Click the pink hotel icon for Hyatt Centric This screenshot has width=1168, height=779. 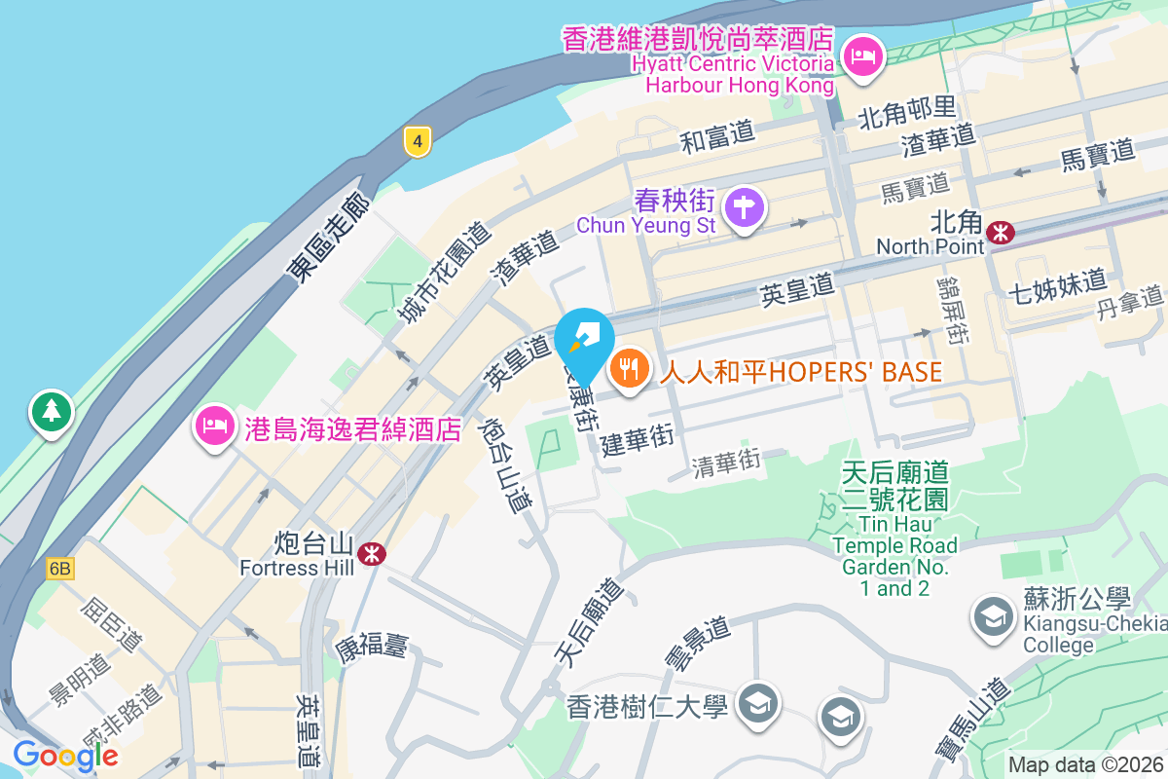(x=862, y=56)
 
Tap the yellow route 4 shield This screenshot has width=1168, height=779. (x=418, y=142)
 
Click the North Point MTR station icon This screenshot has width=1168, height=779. (x=1000, y=232)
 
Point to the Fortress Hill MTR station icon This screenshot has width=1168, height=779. (x=371, y=554)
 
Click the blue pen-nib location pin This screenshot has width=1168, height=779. (x=584, y=341)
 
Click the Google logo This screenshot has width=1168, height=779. (x=65, y=755)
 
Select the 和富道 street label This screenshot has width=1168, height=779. (x=717, y=136)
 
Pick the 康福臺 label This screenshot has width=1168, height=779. (x=372, y=645)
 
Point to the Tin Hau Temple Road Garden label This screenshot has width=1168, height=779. (x=894, y=531)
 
